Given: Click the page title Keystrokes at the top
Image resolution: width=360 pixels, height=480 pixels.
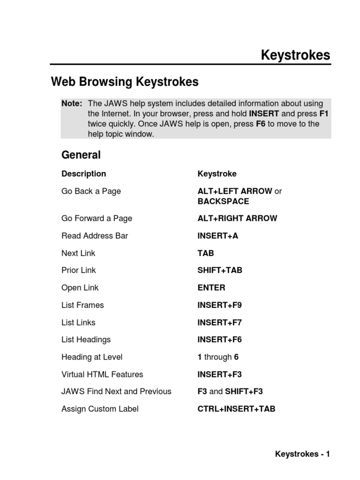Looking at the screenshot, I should [x=295, y=56].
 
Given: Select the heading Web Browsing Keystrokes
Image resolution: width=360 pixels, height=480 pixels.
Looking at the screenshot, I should [x=125, y=82].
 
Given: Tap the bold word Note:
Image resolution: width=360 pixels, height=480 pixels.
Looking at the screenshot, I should [x=72, y=103].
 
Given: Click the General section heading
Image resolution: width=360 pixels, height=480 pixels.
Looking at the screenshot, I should [x=81, y=155].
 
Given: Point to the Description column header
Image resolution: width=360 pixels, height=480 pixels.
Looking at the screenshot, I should [x=83, y=174].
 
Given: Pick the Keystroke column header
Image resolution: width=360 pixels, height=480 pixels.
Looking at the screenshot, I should [x=217, y=174].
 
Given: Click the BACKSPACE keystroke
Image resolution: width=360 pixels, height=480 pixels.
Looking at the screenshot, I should [x=223, y=202].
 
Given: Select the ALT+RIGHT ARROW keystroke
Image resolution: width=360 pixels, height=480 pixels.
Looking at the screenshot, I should [x=237, y=218].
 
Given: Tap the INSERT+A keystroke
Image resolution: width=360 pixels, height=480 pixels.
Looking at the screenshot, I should [x=218, y=236].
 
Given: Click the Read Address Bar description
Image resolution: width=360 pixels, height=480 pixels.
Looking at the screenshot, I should [x=95, y=236].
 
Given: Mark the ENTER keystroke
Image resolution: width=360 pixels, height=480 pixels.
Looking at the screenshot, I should [x=211, y=288].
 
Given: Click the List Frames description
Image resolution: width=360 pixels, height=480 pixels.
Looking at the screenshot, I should [x=82, y=305].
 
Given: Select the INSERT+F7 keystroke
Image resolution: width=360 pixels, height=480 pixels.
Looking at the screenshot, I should [x=219, y=322].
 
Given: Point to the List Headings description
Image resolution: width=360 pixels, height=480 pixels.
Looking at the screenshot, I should [x=86, y=340].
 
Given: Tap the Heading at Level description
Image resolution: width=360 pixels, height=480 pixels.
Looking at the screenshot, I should [x=92, y=357].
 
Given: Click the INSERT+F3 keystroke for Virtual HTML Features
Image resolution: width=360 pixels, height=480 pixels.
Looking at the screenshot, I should [x=219, y=375].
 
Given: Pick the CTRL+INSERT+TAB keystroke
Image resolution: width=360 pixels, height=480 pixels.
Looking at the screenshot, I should [x=236, y=409].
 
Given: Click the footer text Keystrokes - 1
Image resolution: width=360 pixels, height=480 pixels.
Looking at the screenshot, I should [x=302, y=454].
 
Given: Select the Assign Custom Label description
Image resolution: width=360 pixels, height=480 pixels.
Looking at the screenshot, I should [x=100, y=409].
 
